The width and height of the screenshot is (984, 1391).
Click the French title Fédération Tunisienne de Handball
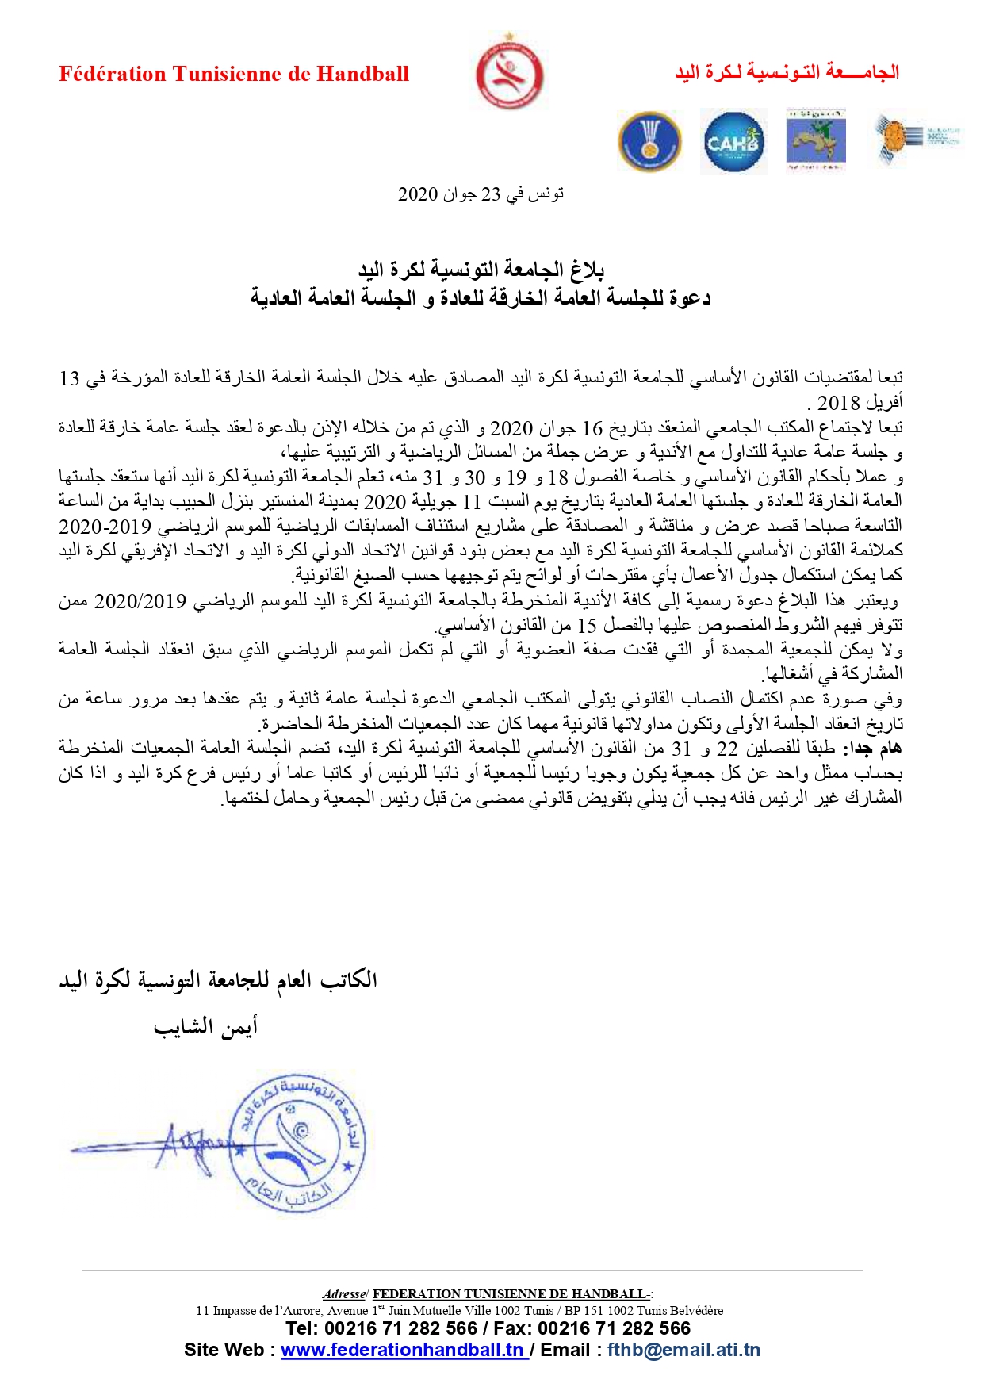[x=234, y=75]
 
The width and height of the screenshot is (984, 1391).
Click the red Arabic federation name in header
[x=787, y=73]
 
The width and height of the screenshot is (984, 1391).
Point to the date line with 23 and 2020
[x=481, y=194]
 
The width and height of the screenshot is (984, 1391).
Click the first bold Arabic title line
[x=481, y=270]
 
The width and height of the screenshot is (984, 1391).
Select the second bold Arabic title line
[x=481, y=298]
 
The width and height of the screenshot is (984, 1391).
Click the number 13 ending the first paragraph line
[x=70, y=378]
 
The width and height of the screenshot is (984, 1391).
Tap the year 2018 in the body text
[x=839, y=403]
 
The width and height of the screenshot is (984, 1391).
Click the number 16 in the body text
[x=592, y=428]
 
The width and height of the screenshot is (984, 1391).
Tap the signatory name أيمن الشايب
[x=205, y=1027]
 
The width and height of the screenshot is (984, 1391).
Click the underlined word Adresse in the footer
[x=344, y=1294]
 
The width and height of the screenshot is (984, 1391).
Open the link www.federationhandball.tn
[x=404, y=1350]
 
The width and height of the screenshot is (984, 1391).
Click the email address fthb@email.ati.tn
[x=683, y=1350]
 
